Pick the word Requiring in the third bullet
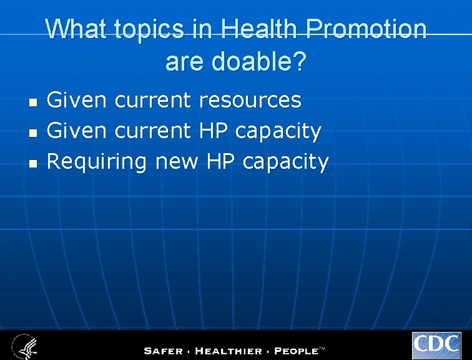click(97, 162)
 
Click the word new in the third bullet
click(176, 162)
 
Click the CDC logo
click(436, 346)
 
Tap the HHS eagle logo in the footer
click(23, 346)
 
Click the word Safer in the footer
click(164, 350)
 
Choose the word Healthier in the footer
click(229, 350)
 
